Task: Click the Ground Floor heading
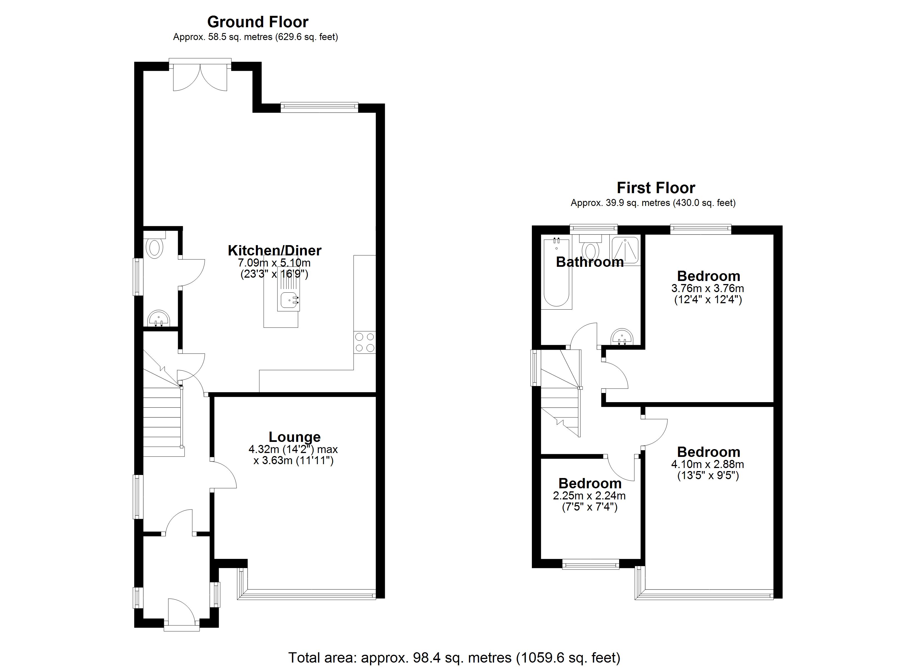(258, 22)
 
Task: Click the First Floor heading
(656, 188)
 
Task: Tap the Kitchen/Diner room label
(275, 250)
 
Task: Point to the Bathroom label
(589, 262)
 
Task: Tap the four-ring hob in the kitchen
(364, 342)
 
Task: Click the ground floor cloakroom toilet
(155, 248)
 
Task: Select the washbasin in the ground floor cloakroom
(158, 318)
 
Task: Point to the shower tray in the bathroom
(625, 250)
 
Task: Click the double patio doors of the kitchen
(200, 77)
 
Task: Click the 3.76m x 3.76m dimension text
(707, 288)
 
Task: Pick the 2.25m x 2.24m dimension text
(589, 496)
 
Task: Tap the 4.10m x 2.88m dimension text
(707, 464)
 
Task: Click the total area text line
(454, 658)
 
